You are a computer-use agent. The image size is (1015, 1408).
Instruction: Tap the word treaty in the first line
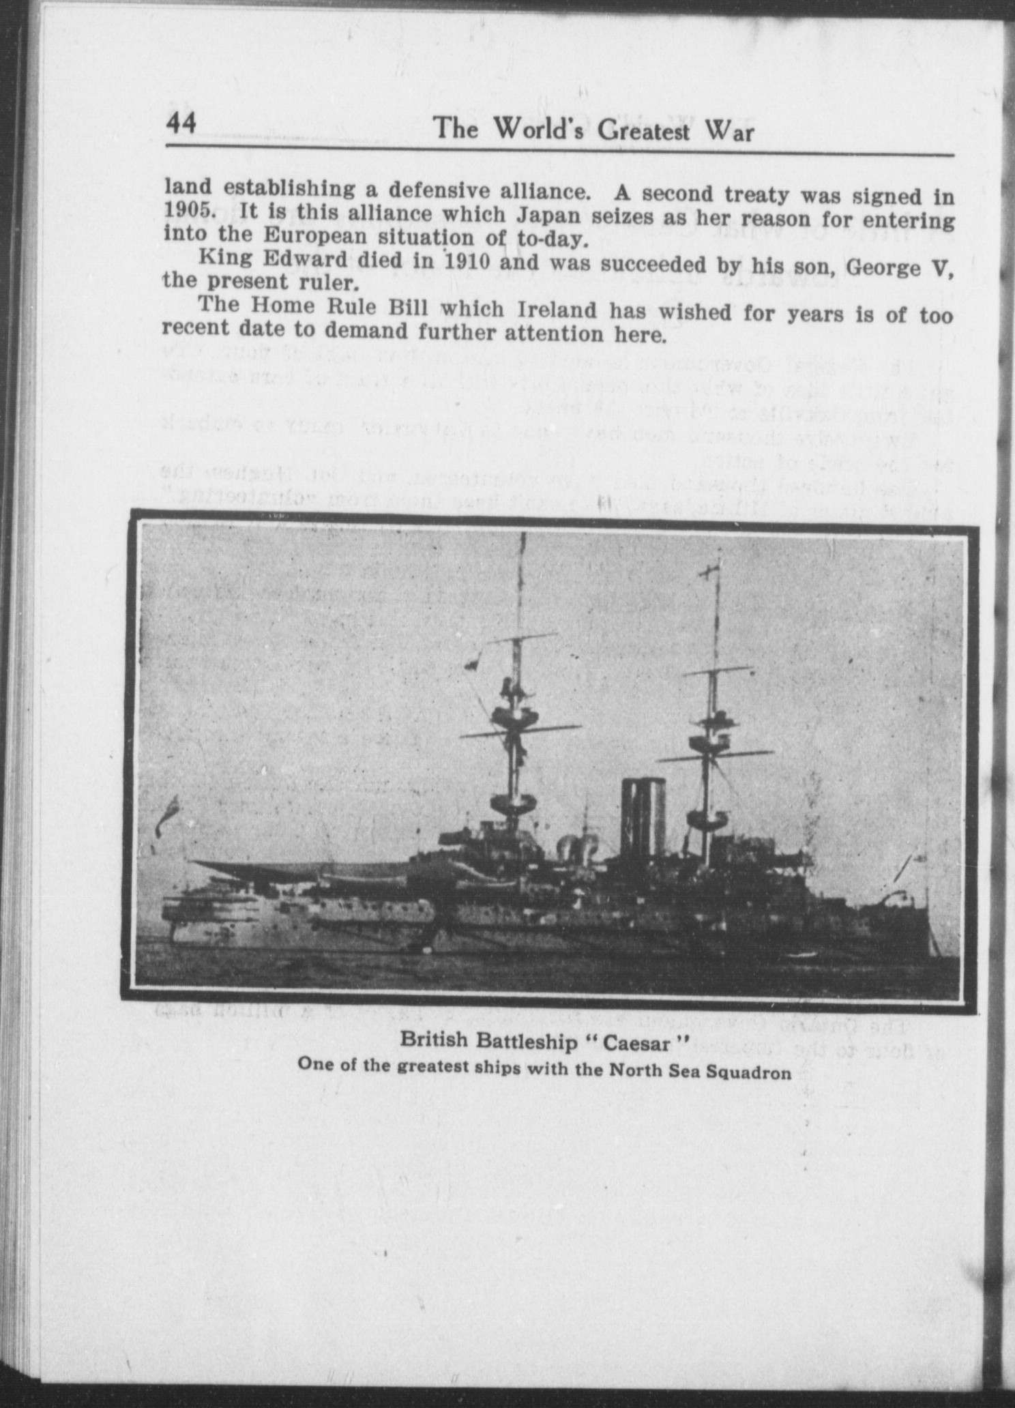750,195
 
